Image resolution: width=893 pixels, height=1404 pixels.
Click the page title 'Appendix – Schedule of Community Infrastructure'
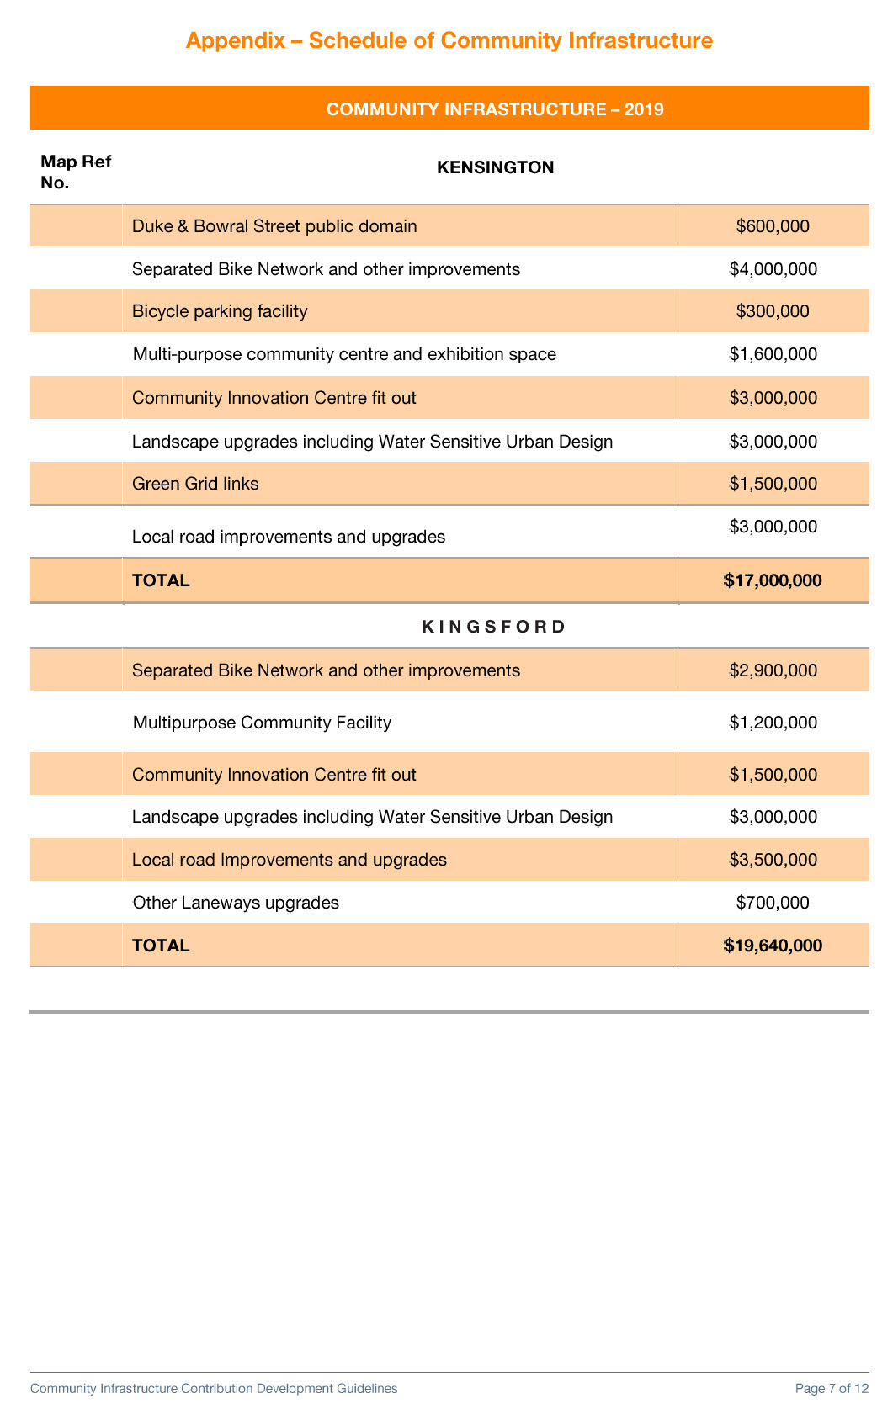click(449, 40)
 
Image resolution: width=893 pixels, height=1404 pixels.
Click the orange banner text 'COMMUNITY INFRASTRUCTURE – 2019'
click(495, 109)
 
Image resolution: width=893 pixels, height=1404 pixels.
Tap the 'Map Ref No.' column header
click(75, 172)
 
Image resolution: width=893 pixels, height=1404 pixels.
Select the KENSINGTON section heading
click(495, 167)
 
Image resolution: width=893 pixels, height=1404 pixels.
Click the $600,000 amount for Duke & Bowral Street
click(773, 226)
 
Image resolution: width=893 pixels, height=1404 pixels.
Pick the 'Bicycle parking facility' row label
click(220, 311)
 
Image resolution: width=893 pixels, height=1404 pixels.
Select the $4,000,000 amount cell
click(773, 269)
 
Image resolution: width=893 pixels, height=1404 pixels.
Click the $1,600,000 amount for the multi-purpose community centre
click(773, 354)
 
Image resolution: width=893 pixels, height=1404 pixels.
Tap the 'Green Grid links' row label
click(195, 484)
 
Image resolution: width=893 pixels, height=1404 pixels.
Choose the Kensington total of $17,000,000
click(773, 580)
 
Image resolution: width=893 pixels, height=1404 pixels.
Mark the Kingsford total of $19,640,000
click(773, 946)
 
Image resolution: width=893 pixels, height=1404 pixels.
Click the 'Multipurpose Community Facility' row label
click(262, 723)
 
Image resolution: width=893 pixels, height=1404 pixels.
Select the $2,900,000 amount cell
click(773, 670)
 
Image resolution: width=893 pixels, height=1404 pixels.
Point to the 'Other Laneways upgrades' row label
click(236, 903)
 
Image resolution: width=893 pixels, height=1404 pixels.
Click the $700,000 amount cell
click(773, 903)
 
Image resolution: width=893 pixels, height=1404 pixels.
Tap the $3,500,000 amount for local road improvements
click(773, 860)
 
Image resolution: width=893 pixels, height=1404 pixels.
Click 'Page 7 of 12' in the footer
click(832, 1388)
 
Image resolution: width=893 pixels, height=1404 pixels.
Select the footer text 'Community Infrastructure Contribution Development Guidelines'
click(214, 1388)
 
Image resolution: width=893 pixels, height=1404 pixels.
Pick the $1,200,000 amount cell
click(773, 723)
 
